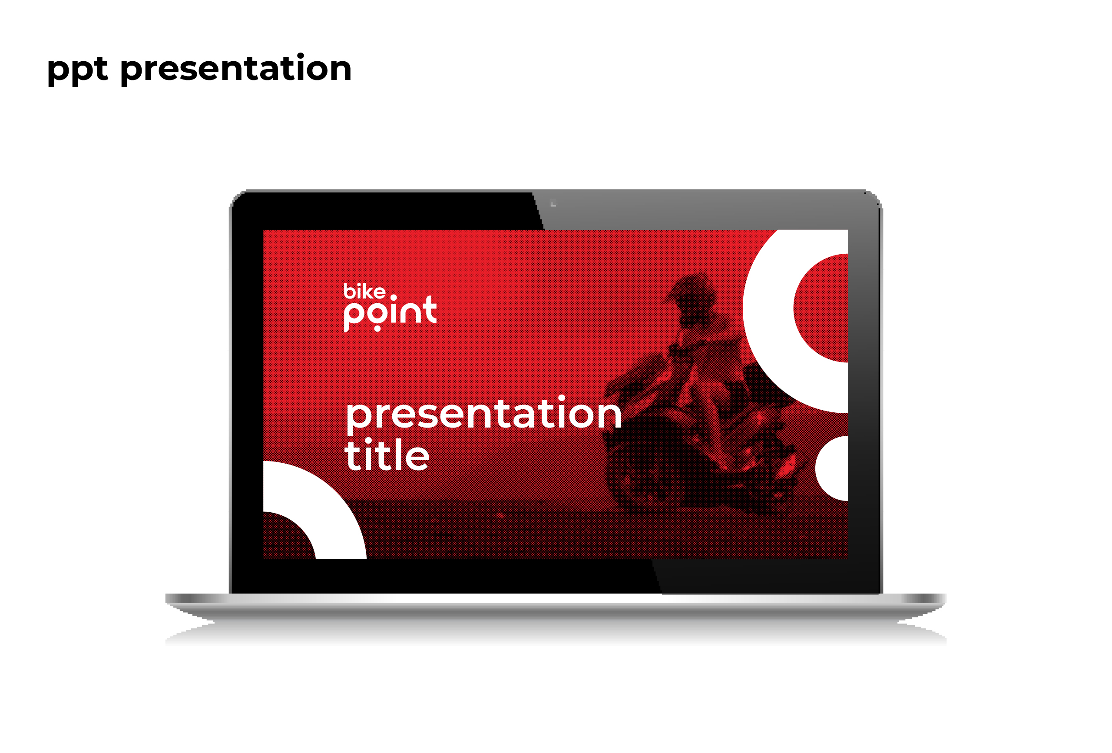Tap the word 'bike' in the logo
(364, 291)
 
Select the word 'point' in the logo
(390, 314)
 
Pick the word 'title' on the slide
(387, 454)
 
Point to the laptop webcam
(553, 203)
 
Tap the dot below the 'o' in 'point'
(377, 328)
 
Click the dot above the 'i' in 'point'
(393, 298)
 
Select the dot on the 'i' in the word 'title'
(368, 441)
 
